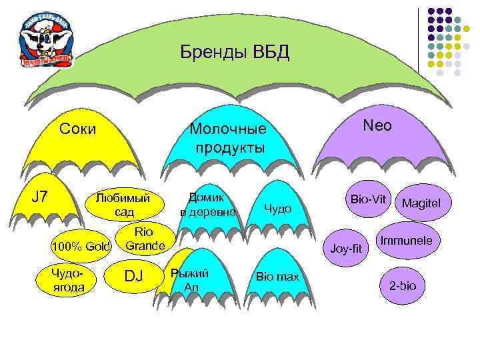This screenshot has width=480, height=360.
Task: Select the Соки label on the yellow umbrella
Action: coord(77,128)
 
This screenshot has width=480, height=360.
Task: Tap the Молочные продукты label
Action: coord(228,137)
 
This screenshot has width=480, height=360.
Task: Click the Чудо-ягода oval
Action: coord(69,279)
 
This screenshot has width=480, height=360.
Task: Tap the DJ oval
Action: coord(134,275)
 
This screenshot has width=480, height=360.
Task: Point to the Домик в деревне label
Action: coord(208,205)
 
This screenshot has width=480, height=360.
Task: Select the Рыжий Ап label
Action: coord(190,280)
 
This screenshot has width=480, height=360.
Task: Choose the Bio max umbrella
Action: coord(277,276)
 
